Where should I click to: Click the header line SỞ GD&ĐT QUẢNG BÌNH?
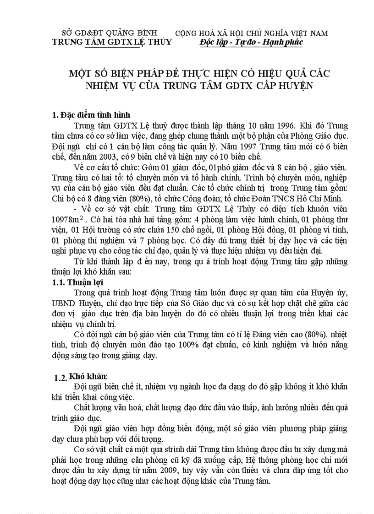pos(110,33)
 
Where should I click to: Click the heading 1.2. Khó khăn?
pos(81,377)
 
